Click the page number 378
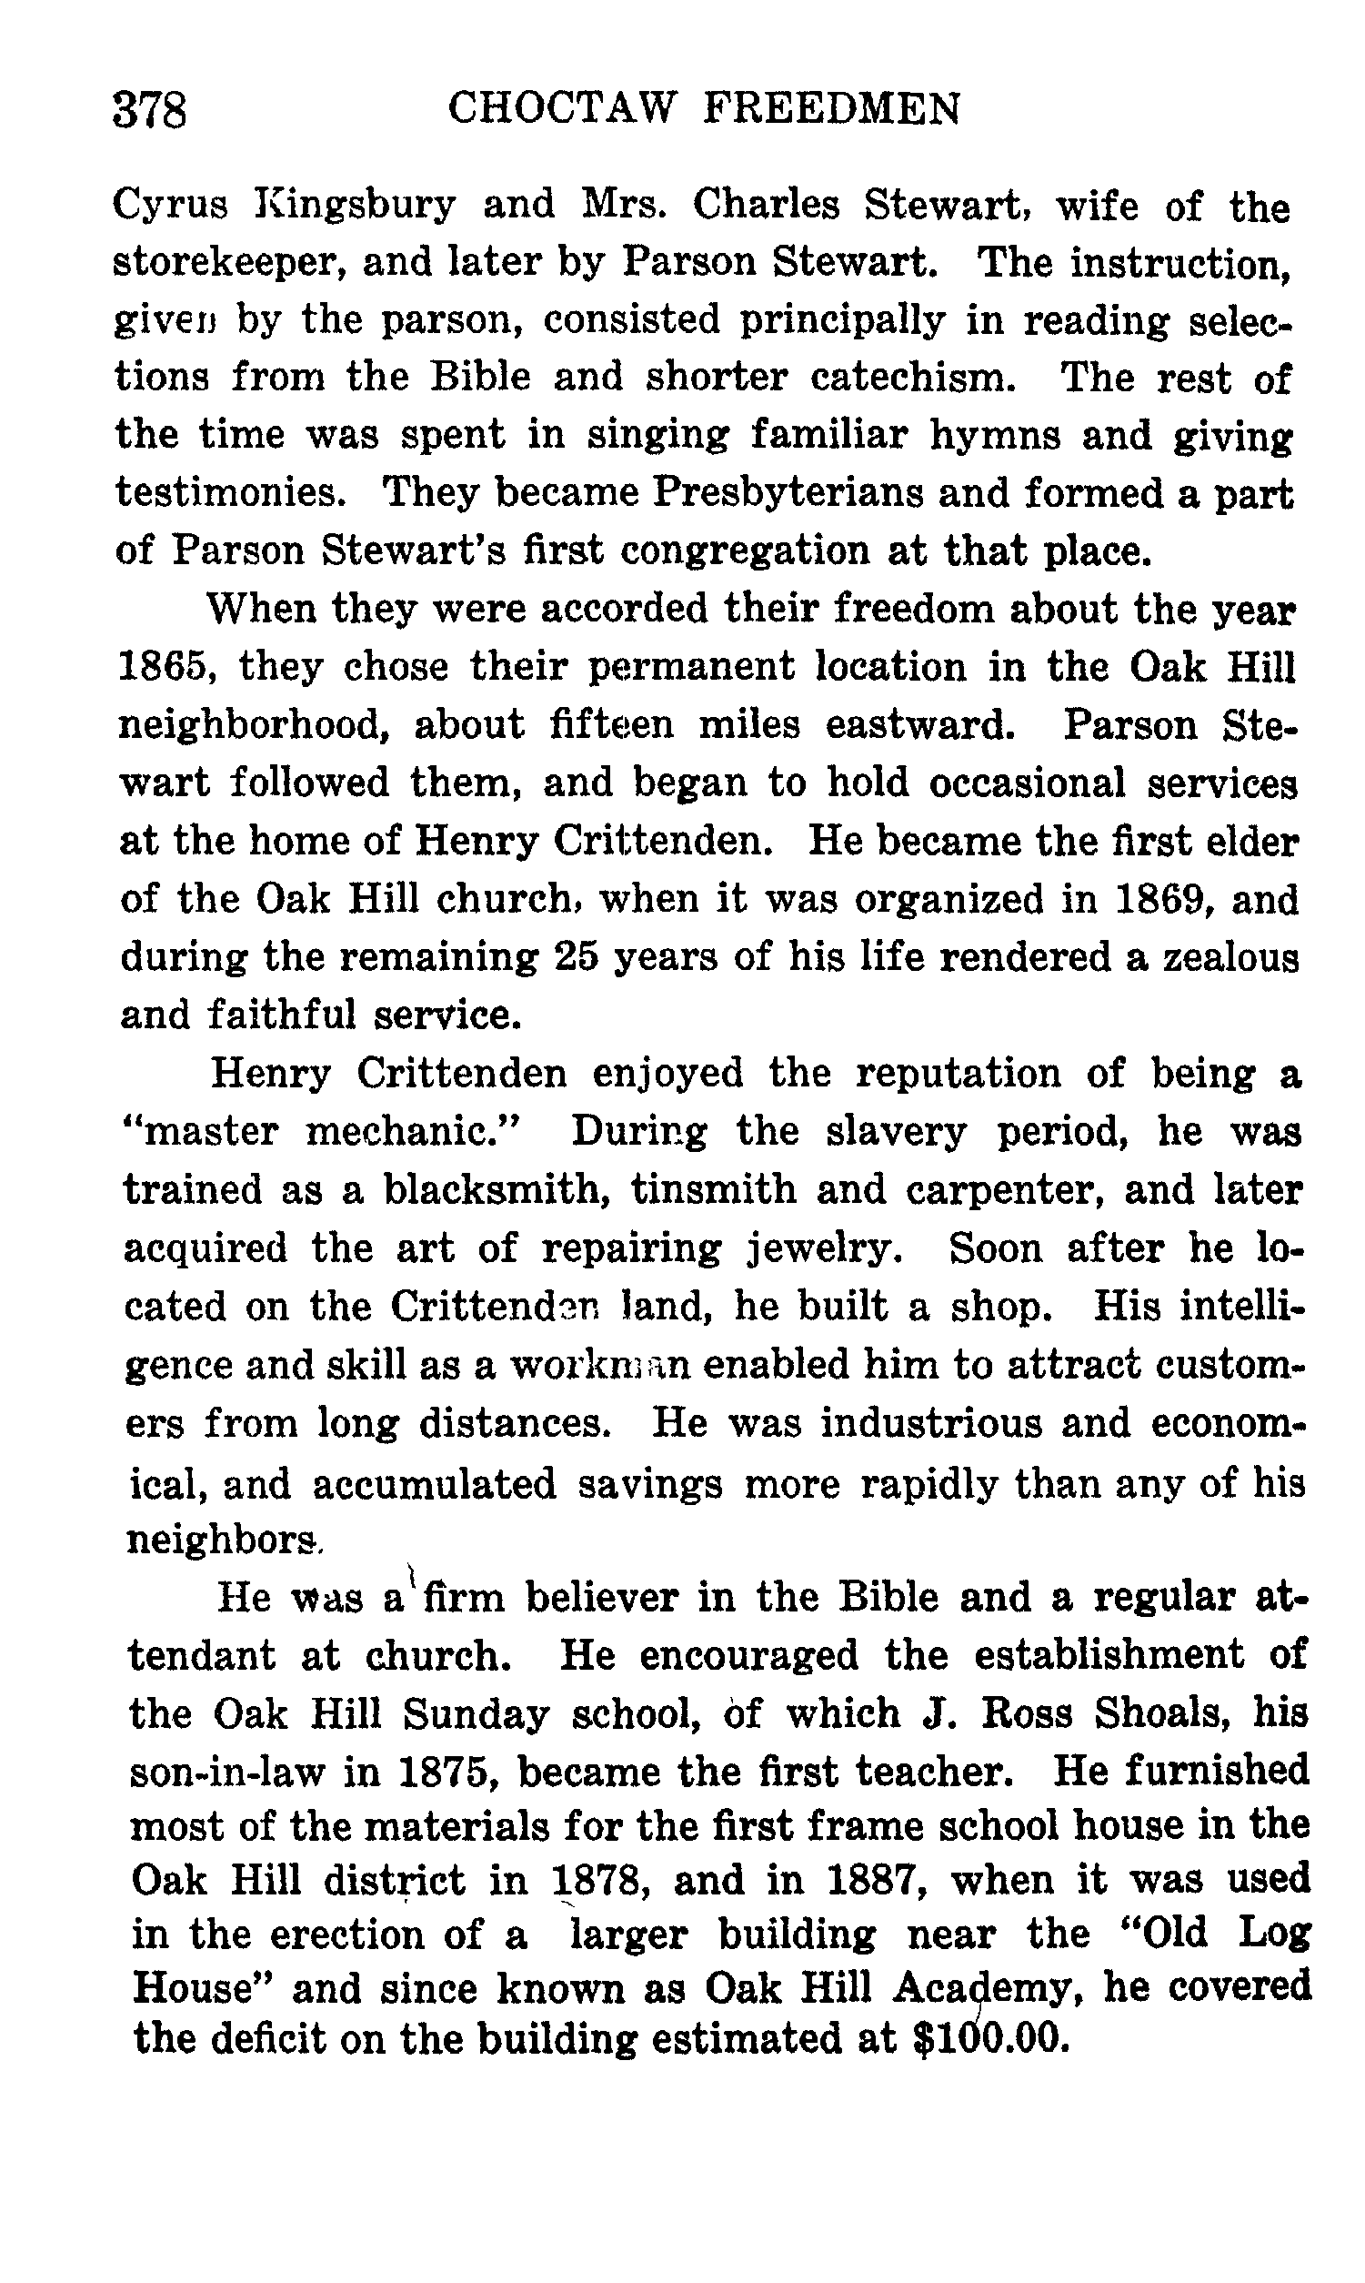click(150, 111)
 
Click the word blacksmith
click(497, 1190)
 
